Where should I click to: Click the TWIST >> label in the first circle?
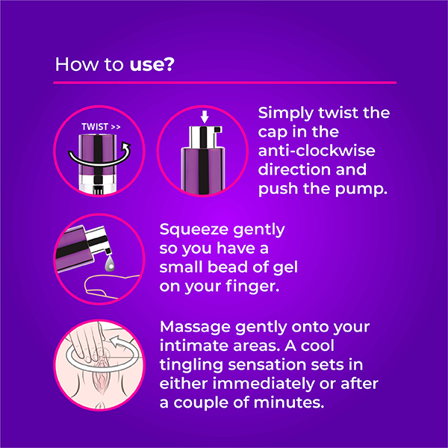(x=101, y=127)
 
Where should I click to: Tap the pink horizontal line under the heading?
(x=225, y=83)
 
